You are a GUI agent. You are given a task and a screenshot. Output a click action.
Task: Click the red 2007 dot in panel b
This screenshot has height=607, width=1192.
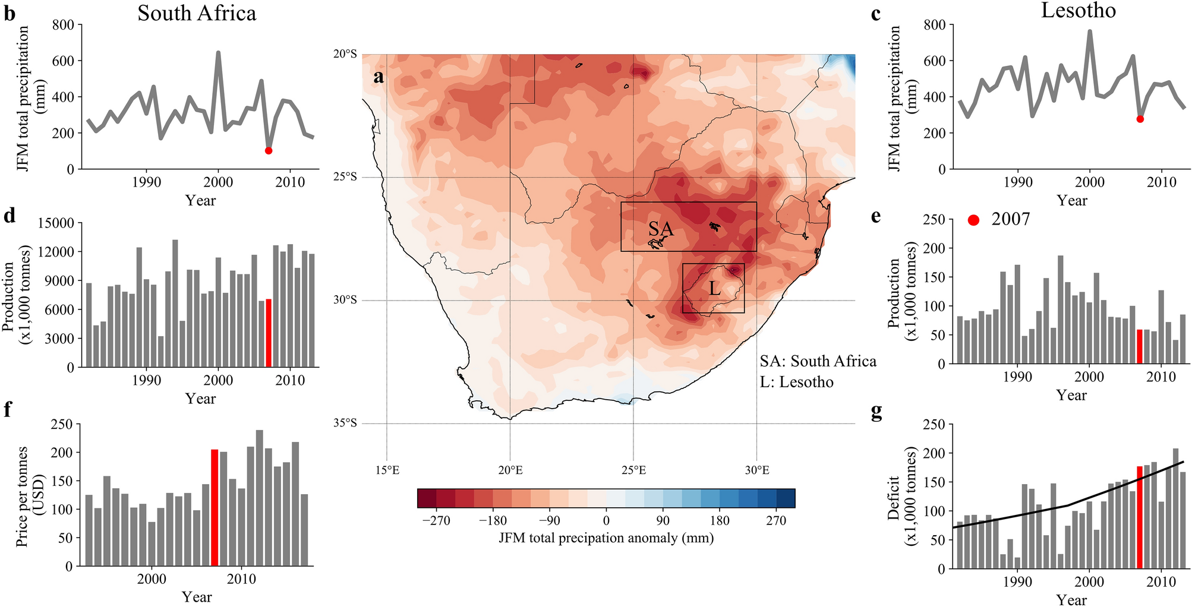(x=269, y=150)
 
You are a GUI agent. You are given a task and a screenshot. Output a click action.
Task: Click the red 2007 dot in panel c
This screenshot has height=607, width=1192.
(x=1140, y=119)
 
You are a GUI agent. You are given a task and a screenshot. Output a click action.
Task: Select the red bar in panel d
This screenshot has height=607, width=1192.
(x=269, y=333)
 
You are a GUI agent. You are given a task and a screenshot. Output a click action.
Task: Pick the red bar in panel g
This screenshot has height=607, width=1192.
(x=1140, y=517)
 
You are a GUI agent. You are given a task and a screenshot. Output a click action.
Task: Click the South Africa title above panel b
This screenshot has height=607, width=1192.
(x=197, y=13)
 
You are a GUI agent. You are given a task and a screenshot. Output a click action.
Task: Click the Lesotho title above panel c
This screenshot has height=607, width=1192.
(x=1078, y=11)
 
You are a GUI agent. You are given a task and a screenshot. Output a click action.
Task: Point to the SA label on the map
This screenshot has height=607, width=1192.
(x=661, y=229)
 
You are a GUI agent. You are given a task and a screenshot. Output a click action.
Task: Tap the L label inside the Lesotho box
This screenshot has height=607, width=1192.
(x=714, y=289)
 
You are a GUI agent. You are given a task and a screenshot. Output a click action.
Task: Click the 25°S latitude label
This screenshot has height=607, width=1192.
(x=345, y=177)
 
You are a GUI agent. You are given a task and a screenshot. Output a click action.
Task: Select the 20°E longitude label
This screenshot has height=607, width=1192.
(x=510, y=470)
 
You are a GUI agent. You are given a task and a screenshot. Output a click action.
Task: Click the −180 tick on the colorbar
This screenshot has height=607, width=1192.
(x=493, y=521)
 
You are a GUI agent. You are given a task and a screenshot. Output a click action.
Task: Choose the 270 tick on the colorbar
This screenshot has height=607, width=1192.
(x=776, y=521)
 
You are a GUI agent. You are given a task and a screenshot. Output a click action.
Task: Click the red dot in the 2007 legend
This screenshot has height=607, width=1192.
(x=973, y=220)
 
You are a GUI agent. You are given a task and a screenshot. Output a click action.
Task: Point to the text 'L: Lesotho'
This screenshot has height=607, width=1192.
(x=796, y=382)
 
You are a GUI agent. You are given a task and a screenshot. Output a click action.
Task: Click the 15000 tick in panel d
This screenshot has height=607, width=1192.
(x=56, y=223)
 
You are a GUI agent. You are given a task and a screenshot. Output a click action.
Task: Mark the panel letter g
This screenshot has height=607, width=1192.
(x=876, y=412)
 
